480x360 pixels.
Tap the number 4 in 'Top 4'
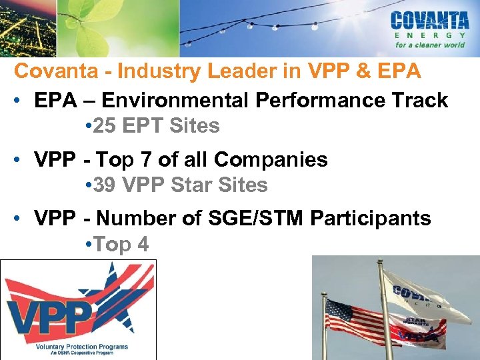point(143,245)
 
